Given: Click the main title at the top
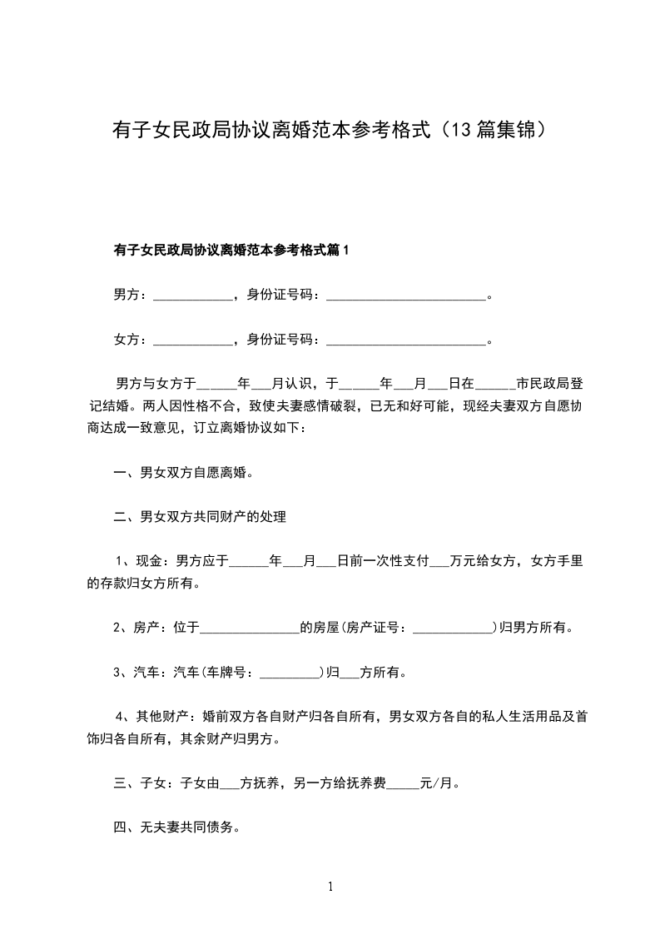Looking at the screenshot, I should pos(330,130).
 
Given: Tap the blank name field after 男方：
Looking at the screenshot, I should pos(193,295).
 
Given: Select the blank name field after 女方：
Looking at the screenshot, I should pos(193,340).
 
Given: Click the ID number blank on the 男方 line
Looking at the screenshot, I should pos(405,295).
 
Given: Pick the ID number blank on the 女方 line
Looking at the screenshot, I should pos(405,340).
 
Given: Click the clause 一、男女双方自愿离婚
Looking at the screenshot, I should pos(183,473).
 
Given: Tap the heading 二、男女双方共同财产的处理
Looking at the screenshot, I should pos(200,517).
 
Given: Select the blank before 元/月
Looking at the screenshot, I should pos(403,783).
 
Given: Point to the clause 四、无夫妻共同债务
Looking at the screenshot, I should pos(176,827).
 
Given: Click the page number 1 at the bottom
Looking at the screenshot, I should pos(330,887).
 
